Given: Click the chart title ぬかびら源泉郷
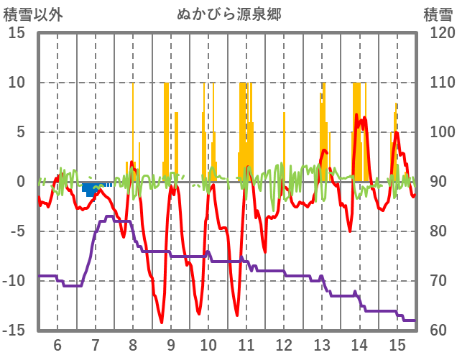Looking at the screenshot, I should (x=228, y=14).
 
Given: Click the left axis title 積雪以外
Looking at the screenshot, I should (x=33, y=14).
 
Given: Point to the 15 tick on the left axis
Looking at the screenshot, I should (x=16, y=33).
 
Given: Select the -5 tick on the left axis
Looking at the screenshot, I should (x=17, y=231).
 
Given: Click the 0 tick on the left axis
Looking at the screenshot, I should (x=21, y=182).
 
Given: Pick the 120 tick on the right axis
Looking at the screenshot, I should (x=438, y=33).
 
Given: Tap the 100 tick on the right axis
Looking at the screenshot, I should (x=438, y=132).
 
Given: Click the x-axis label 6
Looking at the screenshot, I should (x=57, y=345).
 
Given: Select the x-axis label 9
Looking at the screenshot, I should (x=170, y=345).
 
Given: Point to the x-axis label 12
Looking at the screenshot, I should (x=284, y=345).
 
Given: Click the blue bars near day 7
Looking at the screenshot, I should (x=91, y=190).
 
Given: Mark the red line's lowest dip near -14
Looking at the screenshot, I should (x=162, y=322).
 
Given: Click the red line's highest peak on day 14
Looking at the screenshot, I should (x=358, y=115).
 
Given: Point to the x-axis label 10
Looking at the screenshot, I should (x=208, y=345).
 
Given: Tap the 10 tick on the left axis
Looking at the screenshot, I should (x=16, y=83).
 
